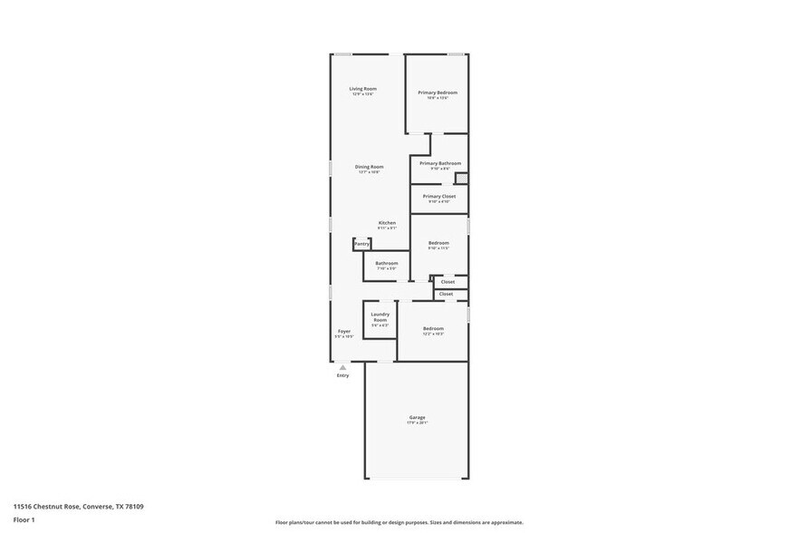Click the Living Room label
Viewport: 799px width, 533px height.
363,89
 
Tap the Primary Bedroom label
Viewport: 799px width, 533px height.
438,92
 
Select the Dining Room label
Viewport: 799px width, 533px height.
369,167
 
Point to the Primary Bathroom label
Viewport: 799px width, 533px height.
440,163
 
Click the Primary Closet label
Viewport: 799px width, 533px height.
439,196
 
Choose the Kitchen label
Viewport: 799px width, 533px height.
387,223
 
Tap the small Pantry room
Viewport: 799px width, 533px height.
361,244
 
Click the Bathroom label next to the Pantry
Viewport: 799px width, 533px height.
387,263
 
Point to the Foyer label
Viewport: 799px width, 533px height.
344,331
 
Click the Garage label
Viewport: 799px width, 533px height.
417,417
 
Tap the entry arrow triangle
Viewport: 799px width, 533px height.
342,367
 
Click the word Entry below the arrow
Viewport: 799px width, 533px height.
342,375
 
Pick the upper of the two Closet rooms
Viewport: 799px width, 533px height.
448,282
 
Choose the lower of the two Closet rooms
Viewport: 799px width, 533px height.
446,294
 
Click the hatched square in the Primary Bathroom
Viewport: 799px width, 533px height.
461,178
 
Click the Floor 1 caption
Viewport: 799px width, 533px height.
24,519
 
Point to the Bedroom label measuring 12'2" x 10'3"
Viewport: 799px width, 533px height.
433,328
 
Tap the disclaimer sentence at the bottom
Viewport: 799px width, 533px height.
399,522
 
